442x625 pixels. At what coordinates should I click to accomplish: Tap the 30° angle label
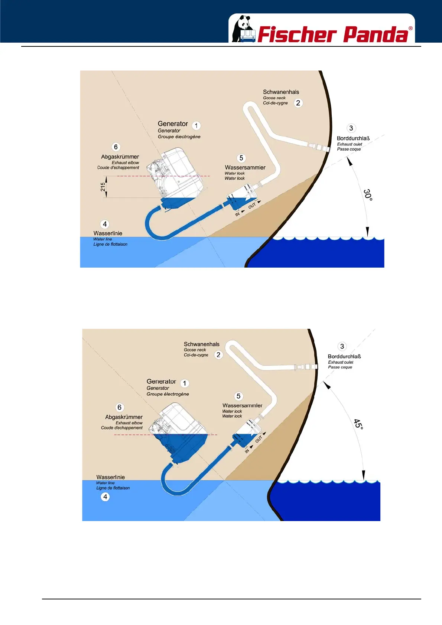pyautogui.click(x=368, y=194)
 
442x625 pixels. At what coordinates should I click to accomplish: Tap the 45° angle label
pyautogui.click(x=358, y=424)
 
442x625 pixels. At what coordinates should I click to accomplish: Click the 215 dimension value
pyautogui.click(x=103, y=187)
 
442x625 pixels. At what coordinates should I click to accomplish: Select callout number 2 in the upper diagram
pyautogui.click(x=298, y=103)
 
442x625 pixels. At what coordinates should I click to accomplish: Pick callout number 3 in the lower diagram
pyautogui.click(x=342, y=346)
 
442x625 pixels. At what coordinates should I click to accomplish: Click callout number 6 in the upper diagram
pyautogui.click(x=116, y=147)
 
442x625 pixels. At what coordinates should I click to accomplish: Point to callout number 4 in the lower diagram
pyautogui.click(x=105, y=497)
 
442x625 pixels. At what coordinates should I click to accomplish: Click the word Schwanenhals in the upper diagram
pyautogui.click(x=281, y=92)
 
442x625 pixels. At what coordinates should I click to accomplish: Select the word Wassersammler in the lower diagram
pyautogui.click(x=242, y=405)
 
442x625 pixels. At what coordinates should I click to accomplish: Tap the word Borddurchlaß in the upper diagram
pyautogui.click(x=353, y=138)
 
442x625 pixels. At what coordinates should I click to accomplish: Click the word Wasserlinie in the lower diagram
pyautogui.click(x=110, y=477)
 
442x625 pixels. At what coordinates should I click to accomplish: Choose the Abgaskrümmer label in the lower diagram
pyautogui.click(x=124, y=417)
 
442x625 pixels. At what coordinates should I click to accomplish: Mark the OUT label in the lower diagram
pyautogui.click(x=259, y=439)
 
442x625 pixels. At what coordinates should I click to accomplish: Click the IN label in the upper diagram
pyautogui.click(x=237, y=214)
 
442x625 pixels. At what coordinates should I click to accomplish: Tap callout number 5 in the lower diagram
pyautogui.click(x=238, y=396)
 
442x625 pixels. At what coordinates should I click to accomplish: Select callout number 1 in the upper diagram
pyautogui.click(x=196, y=125)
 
